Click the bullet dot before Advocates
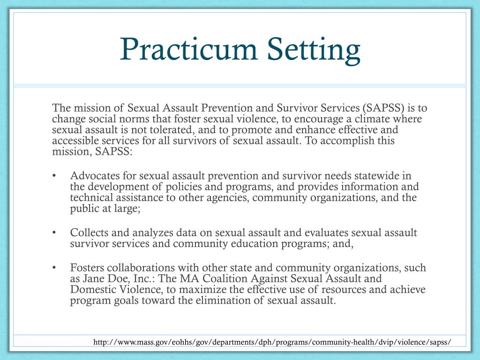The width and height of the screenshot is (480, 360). (55, 176)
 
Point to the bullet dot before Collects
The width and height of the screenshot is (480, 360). (55, 233)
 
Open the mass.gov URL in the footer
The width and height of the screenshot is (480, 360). (272, 343)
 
